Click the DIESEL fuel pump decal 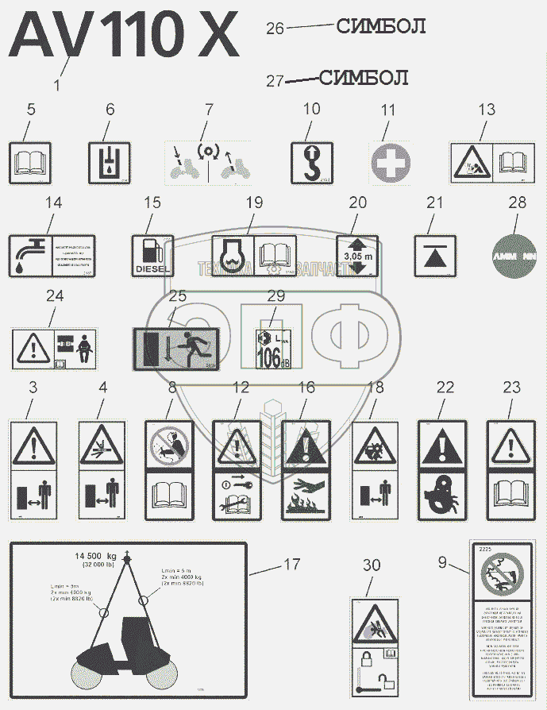152,255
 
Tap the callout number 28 517,203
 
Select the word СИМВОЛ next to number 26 381,27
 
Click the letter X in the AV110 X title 209,36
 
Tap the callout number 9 441,563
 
